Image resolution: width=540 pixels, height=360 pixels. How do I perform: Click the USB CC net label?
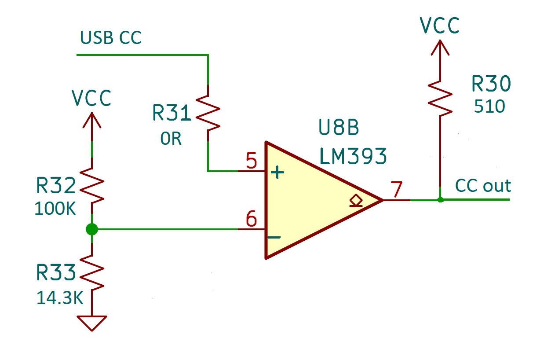point(111,38)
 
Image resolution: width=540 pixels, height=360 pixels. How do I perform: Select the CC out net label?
point(483,186)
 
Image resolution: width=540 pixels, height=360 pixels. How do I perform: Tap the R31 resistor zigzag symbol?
point(208,113)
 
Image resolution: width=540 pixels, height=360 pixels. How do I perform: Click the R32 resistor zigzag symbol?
point(91,185)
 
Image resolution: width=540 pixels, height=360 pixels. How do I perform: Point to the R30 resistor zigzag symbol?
point(440,98)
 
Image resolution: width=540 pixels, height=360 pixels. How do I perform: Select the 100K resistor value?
point(55,209)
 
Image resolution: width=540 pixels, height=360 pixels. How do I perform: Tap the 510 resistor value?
point(489,107)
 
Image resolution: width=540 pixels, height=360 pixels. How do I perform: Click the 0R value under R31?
point(171,139)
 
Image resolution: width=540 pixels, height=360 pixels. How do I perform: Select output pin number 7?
point(397,191)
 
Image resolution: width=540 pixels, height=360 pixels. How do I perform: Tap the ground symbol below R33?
point(91,323)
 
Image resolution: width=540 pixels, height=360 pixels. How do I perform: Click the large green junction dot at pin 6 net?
point(91,229)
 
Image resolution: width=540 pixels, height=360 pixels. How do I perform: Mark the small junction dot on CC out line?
point(440,200)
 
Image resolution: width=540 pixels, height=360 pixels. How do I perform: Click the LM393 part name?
point(353,156)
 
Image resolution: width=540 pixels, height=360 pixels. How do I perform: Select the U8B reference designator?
point(339,128)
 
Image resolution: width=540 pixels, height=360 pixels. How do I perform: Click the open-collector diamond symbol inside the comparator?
point(355,201)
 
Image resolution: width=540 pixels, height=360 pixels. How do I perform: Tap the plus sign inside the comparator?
point(277,173)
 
